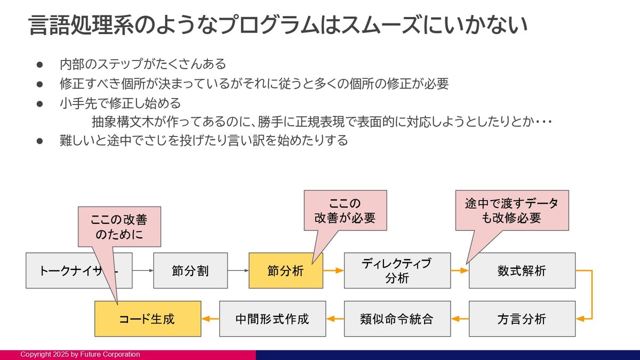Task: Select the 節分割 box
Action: click(190, 270)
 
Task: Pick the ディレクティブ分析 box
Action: click(397, 270)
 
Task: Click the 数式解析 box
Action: click(522, 270)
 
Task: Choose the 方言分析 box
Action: click(522, 319)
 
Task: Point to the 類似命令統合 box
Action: click(397, 319)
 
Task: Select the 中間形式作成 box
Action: click(273, 319)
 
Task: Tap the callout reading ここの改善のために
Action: click(118, 227)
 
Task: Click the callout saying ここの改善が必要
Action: click(345, 210)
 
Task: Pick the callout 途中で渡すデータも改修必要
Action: click(511, 210)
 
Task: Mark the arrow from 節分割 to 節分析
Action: click(238, 270)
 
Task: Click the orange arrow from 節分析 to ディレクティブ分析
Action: click(333, 270)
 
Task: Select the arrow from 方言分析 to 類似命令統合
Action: click(460, 319)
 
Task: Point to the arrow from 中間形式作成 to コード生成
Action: click(210, 319)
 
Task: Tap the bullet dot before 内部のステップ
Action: click(39, 65)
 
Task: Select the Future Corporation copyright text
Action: click(80, 355)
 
